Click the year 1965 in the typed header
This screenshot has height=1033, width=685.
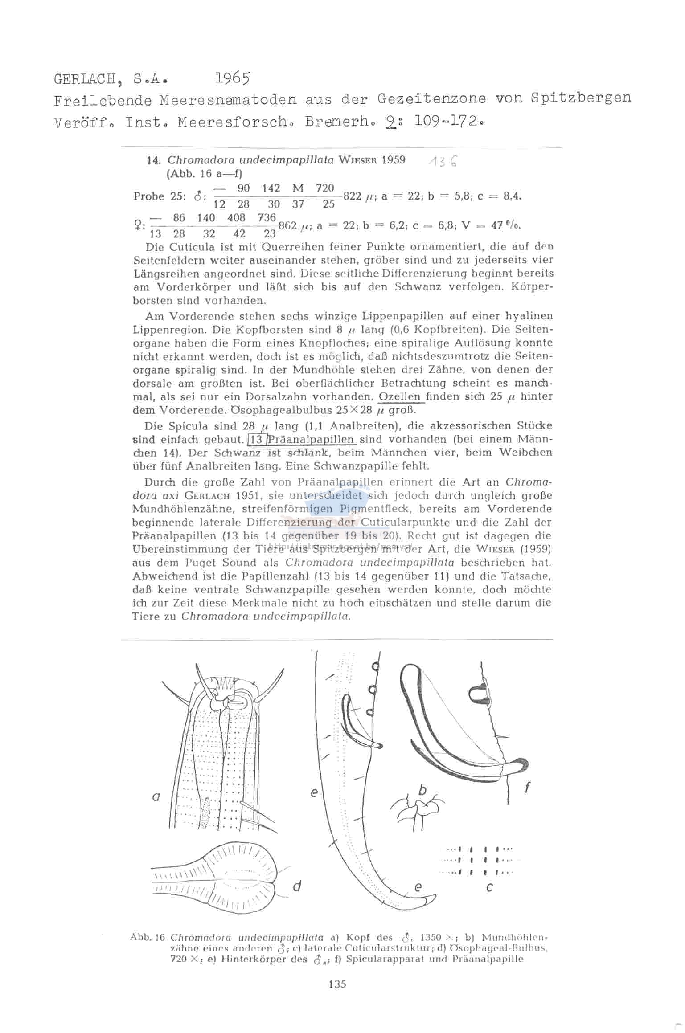pyautogui.click(x=233, y=78)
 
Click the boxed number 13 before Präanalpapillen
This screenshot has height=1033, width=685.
pyautogui.click(x=257, y=439)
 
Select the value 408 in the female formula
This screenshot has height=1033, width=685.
pyautogui.click(x=236, y=218)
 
